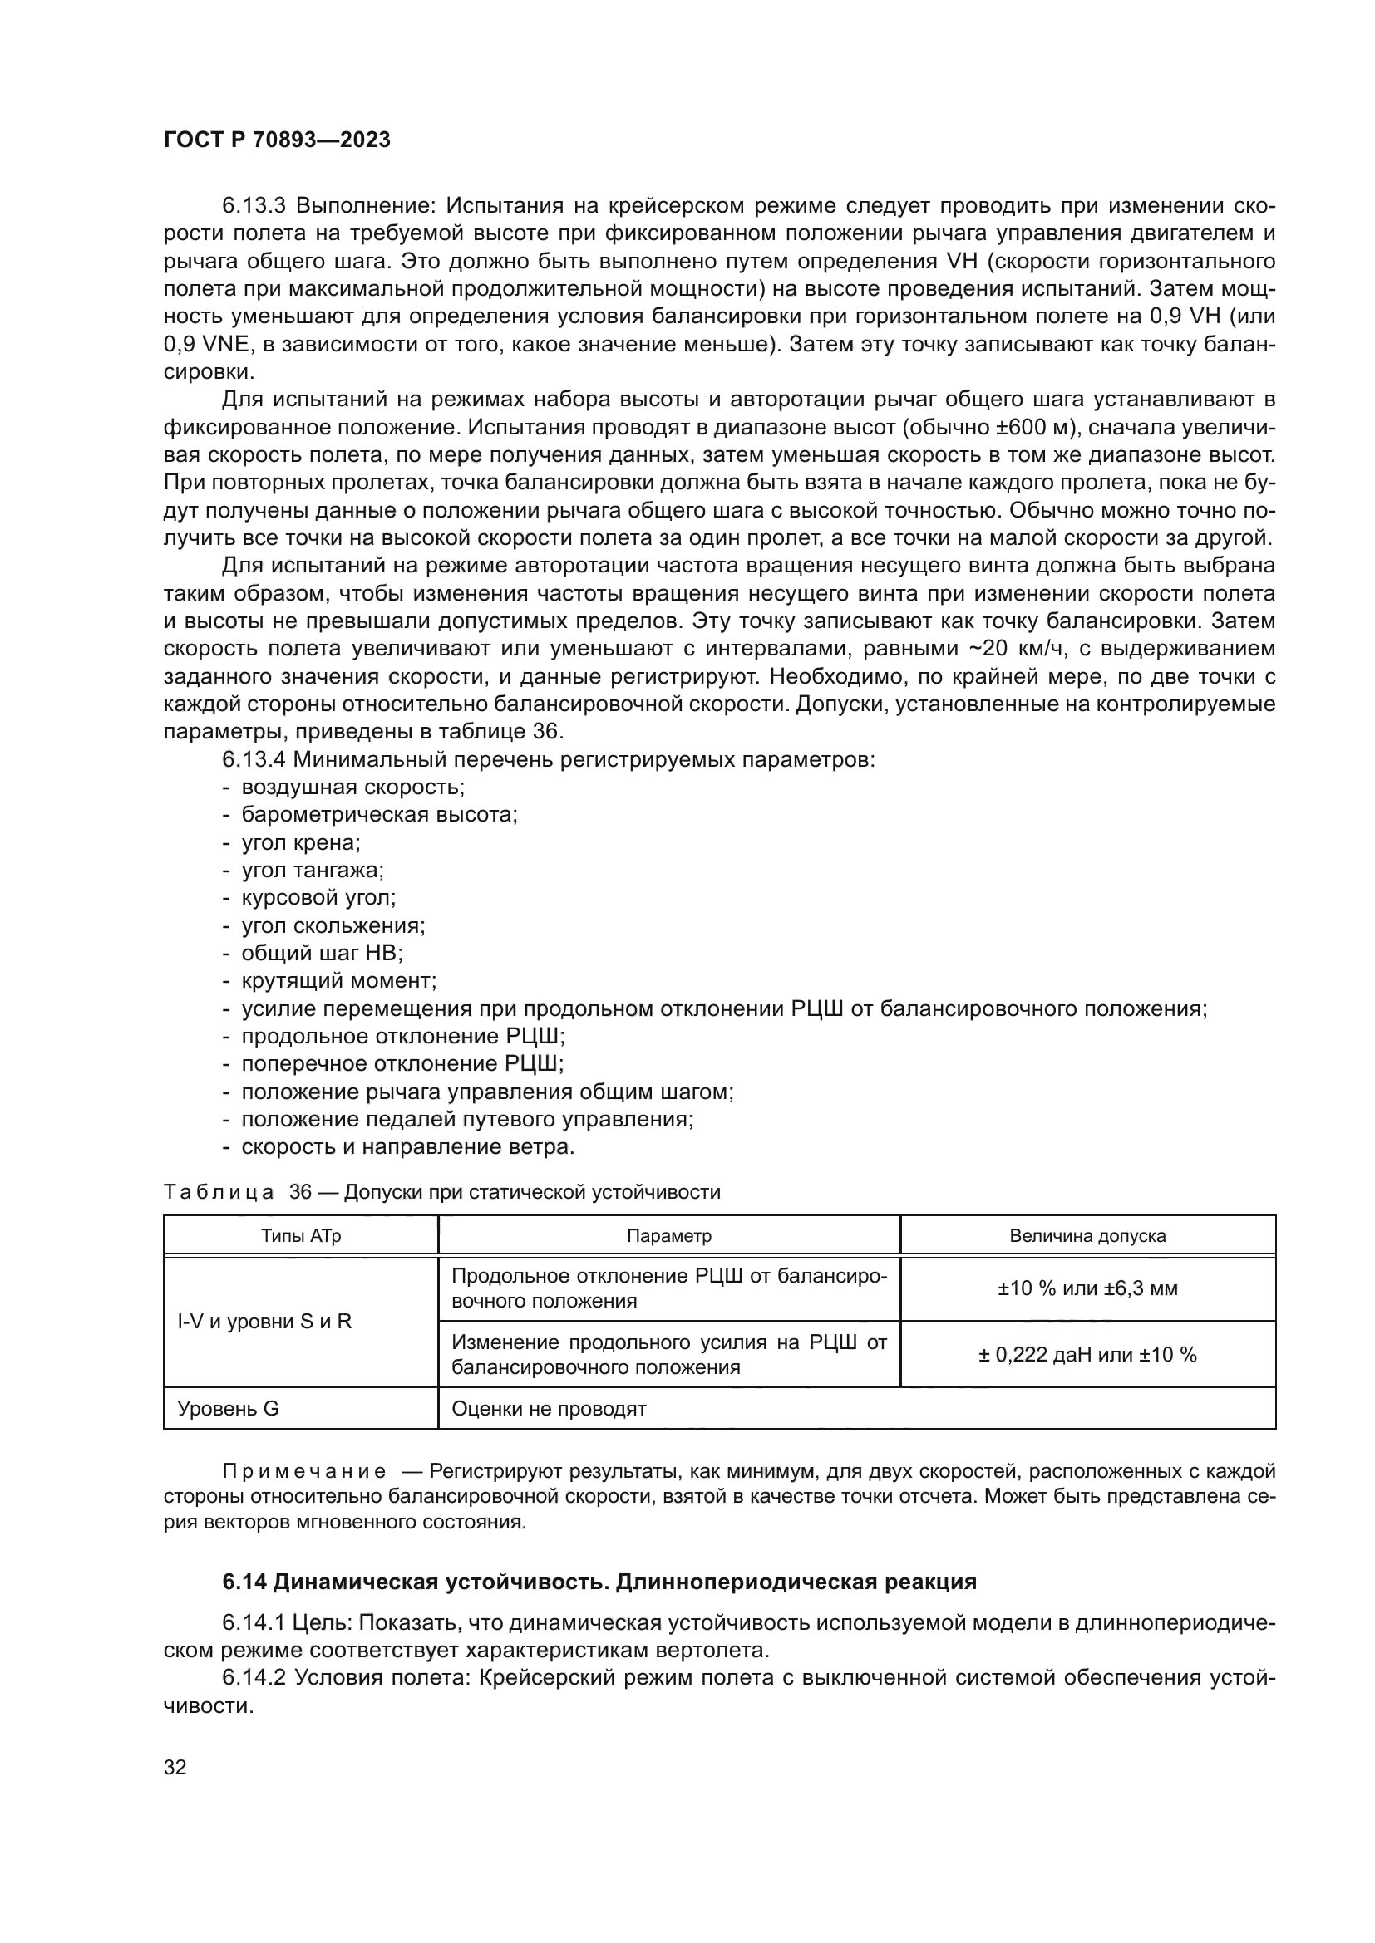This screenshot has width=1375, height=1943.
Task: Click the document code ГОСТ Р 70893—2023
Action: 277,140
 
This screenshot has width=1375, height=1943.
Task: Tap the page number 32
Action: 175,1767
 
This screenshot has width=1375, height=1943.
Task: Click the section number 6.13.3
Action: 254,206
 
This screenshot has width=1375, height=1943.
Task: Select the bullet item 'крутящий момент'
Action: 338,981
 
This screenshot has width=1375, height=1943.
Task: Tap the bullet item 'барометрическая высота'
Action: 379,815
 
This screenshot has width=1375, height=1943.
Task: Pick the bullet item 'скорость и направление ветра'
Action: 407,1146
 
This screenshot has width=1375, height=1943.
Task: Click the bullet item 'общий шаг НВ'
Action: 322,953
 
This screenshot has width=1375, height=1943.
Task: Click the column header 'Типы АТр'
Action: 301,1235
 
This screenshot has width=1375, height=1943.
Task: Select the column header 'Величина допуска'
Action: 1087,1235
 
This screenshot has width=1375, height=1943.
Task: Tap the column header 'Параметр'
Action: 669,1235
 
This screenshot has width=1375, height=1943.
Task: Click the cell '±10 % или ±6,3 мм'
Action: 1087,1289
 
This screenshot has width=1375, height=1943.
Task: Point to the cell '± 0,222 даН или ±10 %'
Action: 1087,1355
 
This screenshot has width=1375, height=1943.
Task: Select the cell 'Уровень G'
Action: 228,1409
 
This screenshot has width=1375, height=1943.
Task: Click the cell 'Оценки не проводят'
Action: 549,1409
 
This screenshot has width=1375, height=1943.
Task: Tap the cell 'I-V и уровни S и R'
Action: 264,1322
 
